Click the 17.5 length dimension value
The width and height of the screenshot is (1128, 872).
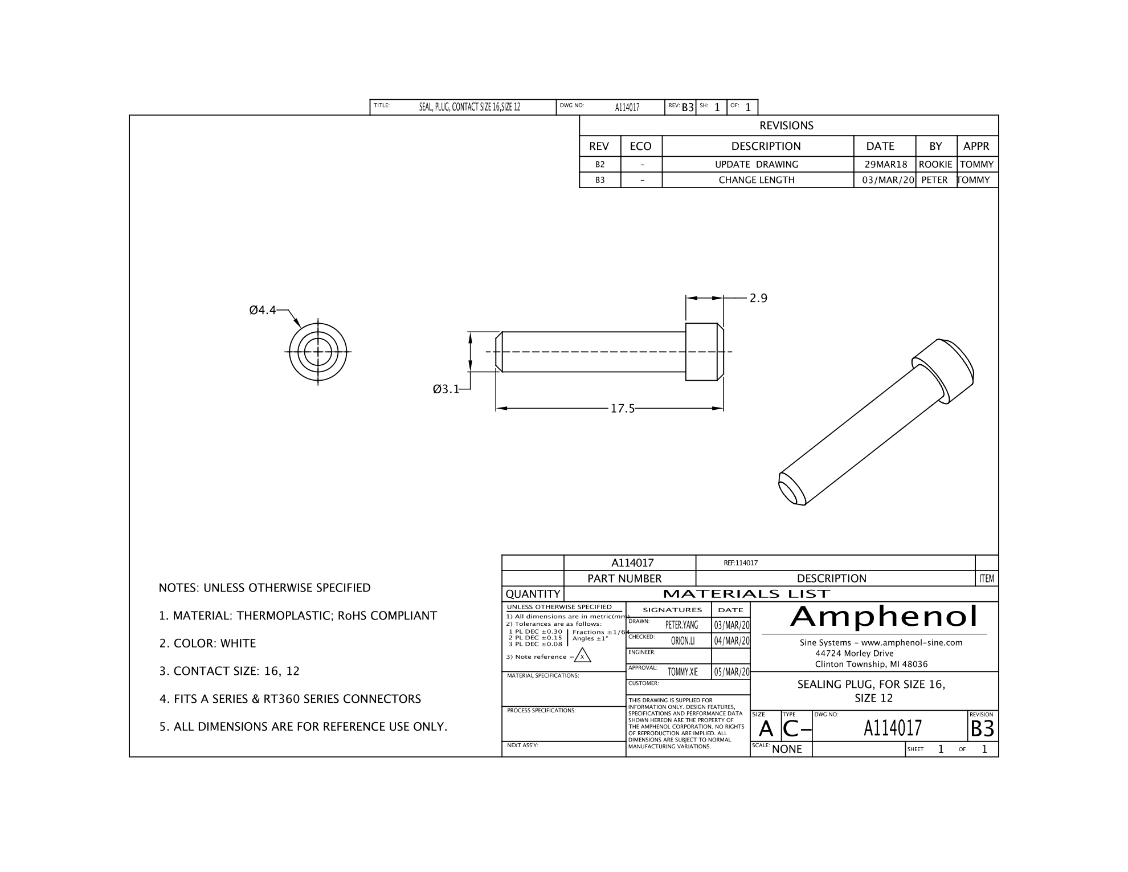click(622, 409)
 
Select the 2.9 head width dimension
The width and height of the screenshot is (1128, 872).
click(758, 298)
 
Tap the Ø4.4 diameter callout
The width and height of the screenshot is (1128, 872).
click(262, 310)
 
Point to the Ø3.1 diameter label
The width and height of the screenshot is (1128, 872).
click(446, 389)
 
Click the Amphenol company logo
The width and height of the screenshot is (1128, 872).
click(884, 616)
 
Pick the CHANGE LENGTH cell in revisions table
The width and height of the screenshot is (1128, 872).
click(757, 180)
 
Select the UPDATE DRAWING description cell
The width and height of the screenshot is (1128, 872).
click(757, 165)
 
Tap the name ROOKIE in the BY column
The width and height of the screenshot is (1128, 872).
click(935, 165)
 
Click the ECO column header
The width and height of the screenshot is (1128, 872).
click(640, 146)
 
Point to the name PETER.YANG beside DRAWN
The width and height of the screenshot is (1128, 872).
click(681, 625)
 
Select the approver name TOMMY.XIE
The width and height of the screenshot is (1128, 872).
click(682, 672)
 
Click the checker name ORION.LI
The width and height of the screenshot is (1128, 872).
click(682, 641)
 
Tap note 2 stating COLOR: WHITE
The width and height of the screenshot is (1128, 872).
click(208, 643)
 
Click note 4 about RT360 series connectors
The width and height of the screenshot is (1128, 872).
click(291, 699)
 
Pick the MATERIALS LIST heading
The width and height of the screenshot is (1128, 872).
click(747, 594)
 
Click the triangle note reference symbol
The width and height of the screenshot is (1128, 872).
click(582, 657)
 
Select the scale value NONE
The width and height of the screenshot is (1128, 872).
click(787, 749)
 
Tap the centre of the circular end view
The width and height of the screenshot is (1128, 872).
click(318, 352)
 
